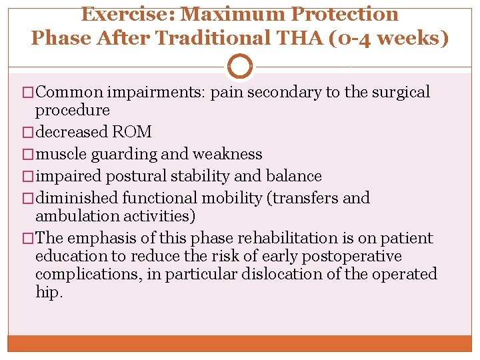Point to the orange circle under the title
pos(240,67)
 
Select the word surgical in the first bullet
pos(399,93)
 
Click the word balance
pos(293,176)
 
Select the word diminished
pos(76,198)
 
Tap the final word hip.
pos(49,292)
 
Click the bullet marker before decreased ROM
pos(28,132)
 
